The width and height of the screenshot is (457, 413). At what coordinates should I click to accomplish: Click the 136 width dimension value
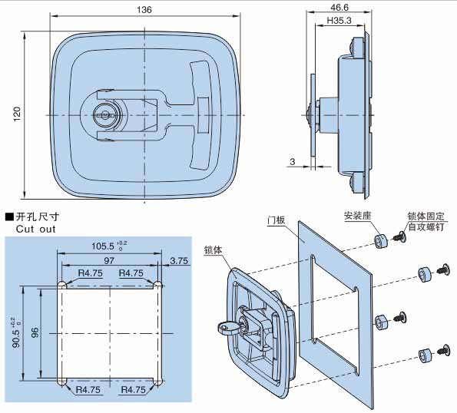coord(144,10)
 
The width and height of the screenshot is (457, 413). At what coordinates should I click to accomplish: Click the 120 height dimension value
coord(17,114)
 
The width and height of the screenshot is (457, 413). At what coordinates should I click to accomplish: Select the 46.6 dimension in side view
coord(339,7)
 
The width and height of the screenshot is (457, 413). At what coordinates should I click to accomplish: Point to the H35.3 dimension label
coord(339,21)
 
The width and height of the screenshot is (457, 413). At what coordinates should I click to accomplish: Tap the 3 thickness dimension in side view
coord(293,162)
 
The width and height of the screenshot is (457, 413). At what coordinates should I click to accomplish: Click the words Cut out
coord(35,229)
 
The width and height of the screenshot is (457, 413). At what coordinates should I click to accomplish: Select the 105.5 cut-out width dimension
coord(103,246)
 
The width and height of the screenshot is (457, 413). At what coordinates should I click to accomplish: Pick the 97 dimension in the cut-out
coord(109,260)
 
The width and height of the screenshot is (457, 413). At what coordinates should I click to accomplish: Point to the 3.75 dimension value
coord(179,260)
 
